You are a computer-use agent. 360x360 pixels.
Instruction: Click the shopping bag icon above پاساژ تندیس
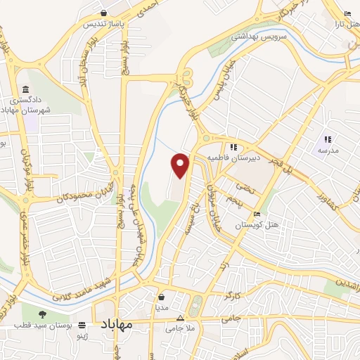coord(103,12)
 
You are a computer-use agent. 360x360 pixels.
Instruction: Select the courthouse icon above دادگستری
coord(27,90)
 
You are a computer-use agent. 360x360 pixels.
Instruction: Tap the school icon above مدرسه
coord(328,139)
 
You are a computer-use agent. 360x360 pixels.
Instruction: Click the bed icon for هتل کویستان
coord(257,214)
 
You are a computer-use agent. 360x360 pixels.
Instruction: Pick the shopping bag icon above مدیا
coord(162,297)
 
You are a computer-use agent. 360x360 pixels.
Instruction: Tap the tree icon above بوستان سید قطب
coord(42,314)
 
